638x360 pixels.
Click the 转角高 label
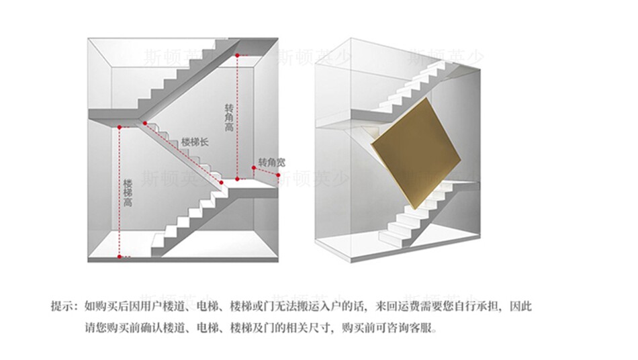[x=229, y=118]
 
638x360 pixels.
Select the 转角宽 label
[x=272, y=163]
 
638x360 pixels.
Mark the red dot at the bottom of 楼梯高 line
[x=119, y=256]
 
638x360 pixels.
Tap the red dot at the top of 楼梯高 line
[x=119, y=126]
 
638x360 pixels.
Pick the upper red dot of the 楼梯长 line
[x=144, y=123]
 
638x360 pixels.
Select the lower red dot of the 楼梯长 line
[x=220, y=182]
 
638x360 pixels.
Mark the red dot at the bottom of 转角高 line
[x=237, y=179]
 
